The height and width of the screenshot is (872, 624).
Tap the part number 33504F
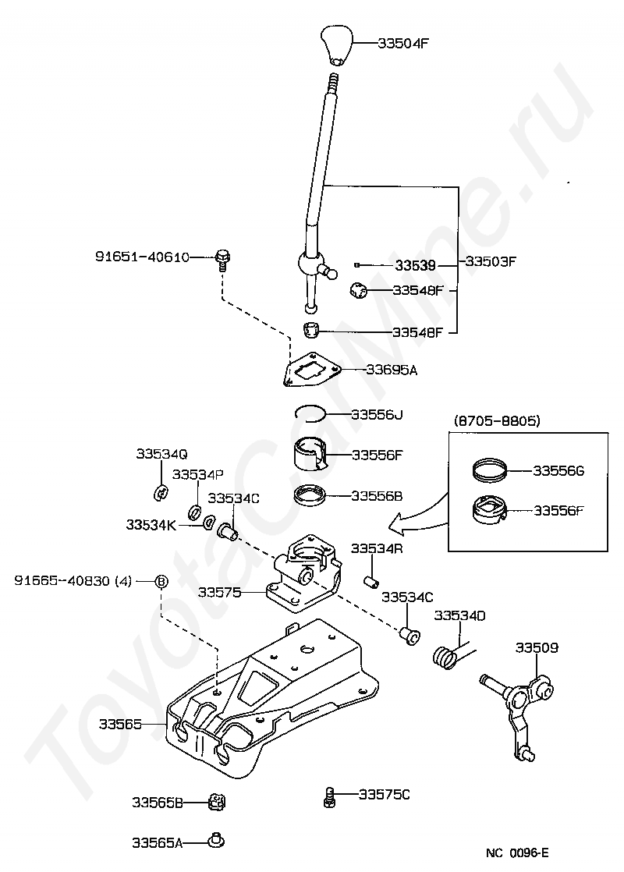pos(403,43)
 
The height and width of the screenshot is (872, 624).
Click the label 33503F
pos(491,261)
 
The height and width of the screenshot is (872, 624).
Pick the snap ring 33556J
pos(310,413)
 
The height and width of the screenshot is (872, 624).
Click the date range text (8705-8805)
pos(497,420)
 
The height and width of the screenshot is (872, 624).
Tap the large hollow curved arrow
pos(417,517)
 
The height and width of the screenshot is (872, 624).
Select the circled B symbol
pos(160,581)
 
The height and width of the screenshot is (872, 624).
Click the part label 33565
pos(120,724)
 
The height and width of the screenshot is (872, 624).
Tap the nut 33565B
pos(217,802)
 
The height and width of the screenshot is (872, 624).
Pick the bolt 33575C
pos(329,797)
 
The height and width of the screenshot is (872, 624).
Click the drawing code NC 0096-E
pos(517,853)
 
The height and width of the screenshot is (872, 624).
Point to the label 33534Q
pos(161,454)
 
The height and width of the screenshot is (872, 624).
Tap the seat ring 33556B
pos(309,496)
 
